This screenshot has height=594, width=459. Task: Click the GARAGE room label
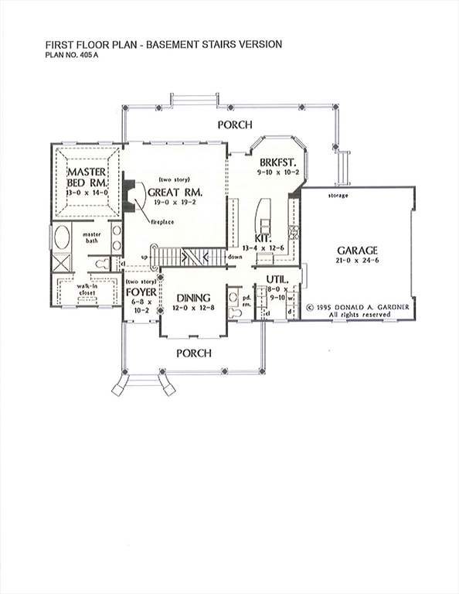(357, 251)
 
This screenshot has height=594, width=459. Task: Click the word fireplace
(161, 222)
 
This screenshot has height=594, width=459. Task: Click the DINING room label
(193, 298)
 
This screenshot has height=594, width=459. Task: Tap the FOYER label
(141, 292)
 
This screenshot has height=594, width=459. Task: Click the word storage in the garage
(337, 196)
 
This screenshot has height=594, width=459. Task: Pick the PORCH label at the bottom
(193, 353)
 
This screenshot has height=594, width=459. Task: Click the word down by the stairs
(235, 255)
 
